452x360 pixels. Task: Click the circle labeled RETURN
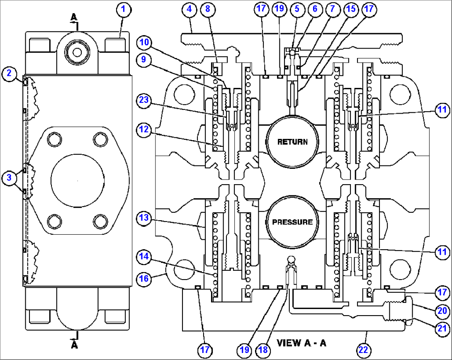point(292,142)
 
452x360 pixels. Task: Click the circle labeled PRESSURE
point(292,222)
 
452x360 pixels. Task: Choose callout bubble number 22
point(363,350)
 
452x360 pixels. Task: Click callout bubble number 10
point(143,43)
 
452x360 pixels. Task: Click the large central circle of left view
point(77,182)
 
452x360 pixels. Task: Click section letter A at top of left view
point(74,17)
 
